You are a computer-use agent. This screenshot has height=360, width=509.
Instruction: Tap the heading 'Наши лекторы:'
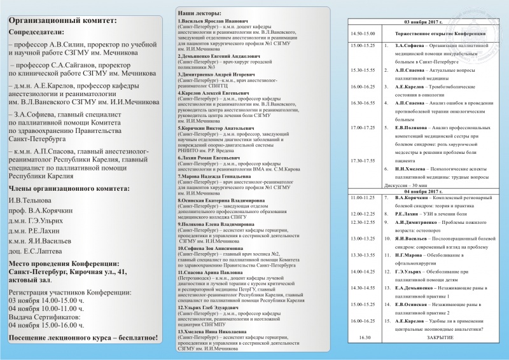199,13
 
